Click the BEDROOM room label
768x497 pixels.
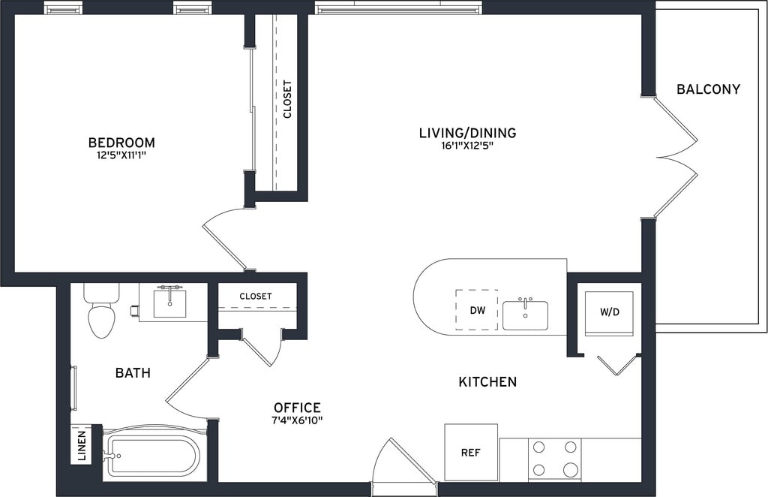pos(121,143)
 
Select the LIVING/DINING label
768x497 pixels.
pos(468,133)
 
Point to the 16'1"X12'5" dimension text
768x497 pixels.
pos(467,146)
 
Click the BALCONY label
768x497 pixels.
pos(708,89)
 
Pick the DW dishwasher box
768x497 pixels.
pos(477,310)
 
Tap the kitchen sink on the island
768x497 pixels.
pos(525,315)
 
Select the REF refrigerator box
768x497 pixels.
pos(471,453)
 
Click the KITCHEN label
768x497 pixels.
pos(487,382)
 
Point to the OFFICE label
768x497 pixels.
pos(297,408)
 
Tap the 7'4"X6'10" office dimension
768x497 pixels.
pos(298,420)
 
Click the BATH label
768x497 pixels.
pos(133,373)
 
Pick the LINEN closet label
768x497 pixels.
pos(82,446)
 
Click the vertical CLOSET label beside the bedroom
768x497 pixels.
pos(287,100)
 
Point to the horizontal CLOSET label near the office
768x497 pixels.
pos(256,297)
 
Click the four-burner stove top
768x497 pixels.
pos(554,459)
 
